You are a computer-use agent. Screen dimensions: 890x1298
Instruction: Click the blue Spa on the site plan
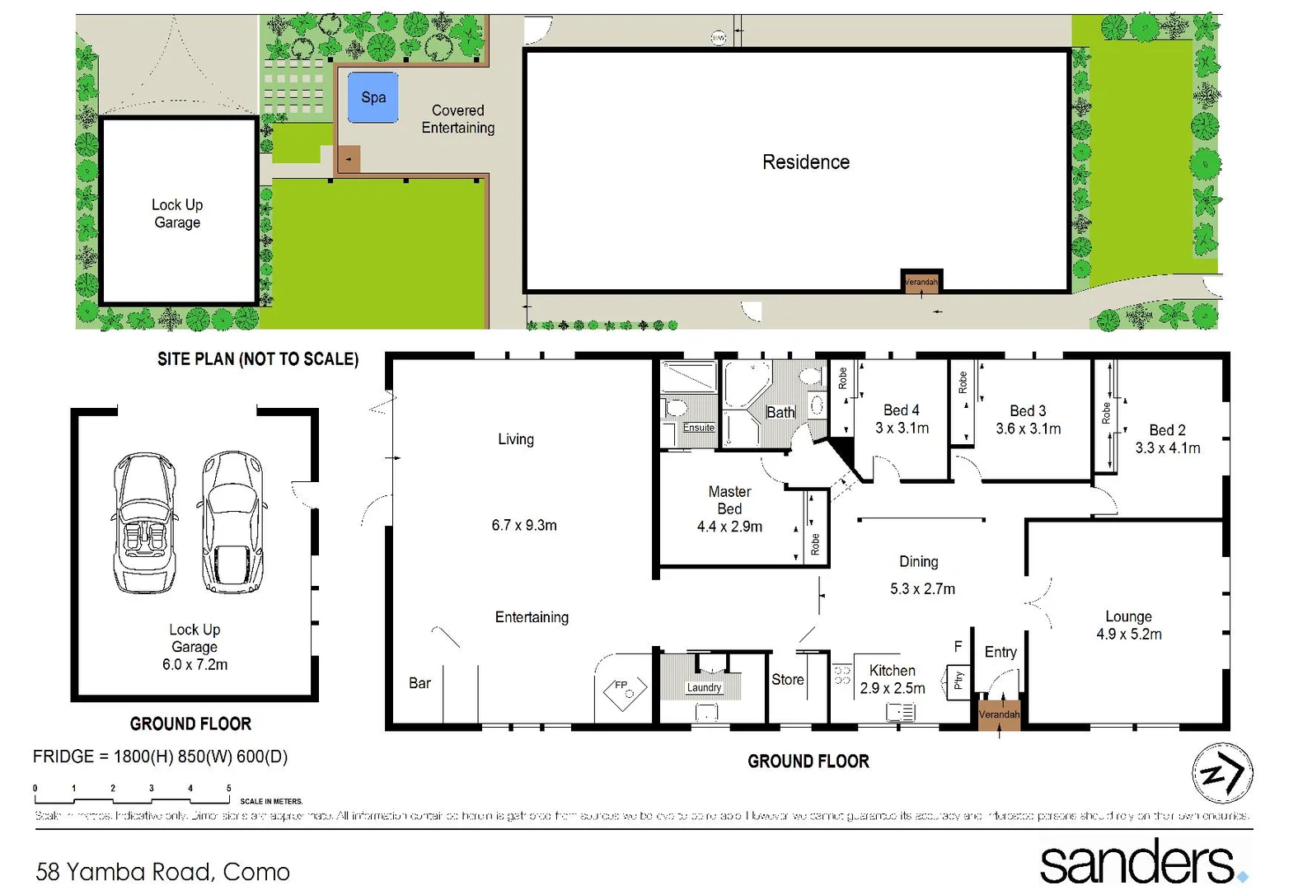pyautogui.click(x=373, y=97)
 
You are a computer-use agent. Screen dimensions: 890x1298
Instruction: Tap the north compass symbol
pyautogui.click(x=1222, y=773)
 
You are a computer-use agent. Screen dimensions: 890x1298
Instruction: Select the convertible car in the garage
pyautogui.click(x=145, y=522)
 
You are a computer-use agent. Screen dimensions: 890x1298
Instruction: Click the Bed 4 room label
pyautogui.click(x=901, y=410)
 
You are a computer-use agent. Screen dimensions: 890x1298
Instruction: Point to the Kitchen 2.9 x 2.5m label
pyautogui.click(x=892, y=679)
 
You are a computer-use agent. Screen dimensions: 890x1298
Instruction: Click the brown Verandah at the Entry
pyautogui.click(x=999, y=714)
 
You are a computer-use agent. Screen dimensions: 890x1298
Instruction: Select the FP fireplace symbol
pyautogui.click(x=625, y=690)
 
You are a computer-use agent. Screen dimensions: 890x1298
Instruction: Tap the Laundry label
pyautogui.click(x=703, y=687)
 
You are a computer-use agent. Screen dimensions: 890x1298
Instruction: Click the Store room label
pyautogui.click(x=787, y=680)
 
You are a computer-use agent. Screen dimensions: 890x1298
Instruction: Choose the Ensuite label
pyautogui.click(x=698, y=428)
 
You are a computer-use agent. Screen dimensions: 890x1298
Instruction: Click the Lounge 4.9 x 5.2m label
pyautogui.click(x=1128, y=625)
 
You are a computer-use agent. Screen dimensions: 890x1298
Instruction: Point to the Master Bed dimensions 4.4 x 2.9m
pyautogui.click(x=729, y=527)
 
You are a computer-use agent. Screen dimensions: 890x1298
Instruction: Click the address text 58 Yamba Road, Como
pyautogui.click(x=163, y=871)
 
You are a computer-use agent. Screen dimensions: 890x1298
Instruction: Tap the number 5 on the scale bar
pyautogui.click(x=228, y=789)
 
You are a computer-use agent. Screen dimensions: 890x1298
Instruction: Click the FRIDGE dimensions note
pyautogui.click(x=160, y=756)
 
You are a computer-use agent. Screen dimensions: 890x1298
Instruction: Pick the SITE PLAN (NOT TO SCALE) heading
pyautogui.click(x=258, y=359)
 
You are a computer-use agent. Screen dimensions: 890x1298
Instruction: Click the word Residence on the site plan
pyautogui.click(x=805, y=162)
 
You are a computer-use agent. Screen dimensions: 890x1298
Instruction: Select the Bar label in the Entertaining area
pyautogui.click(x=419, y=683)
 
